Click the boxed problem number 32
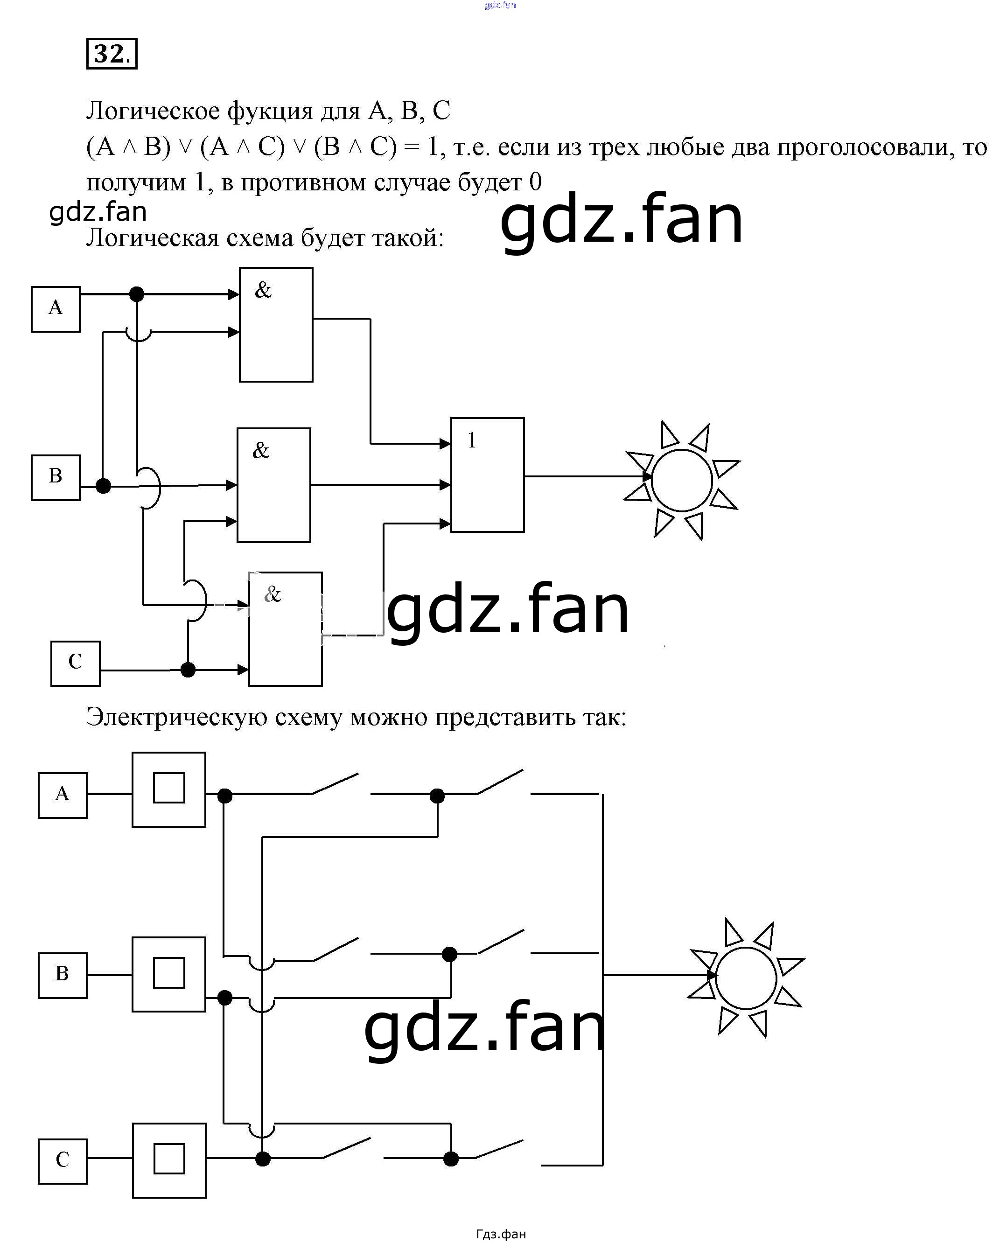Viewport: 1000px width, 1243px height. pyautogui.click(x=112, y=54)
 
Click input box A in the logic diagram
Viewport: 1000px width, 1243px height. pyautogui.click(x=56, y=309)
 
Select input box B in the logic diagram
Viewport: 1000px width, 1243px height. pyautogui.click(x=56, y=477)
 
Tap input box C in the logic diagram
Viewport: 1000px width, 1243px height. pyautogui.click(x=75, y=663)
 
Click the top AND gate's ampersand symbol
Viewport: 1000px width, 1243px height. pyautogui.click(x=263, y=290)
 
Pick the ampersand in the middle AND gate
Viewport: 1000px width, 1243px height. pyautogui.click(x=261, y=450)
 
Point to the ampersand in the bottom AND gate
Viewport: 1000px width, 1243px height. pyautogui.click(x=272, y=594)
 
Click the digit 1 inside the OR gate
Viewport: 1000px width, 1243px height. pyautogui.click(x=472, y=440)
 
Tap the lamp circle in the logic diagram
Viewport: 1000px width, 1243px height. pyautogui.click(x=682, y=480)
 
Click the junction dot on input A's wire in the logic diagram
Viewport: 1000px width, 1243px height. pyautogui.click(x=137, y=294)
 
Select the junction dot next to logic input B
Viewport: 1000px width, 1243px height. pyautogui.click(x=103, y=486)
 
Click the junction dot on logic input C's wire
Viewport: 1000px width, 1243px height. pyautogui.click(x=188, y=670)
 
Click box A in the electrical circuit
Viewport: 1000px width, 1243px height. pyautogui.click(x=62, y=795)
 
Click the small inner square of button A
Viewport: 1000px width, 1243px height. pyautogui.click(x=169, y=788)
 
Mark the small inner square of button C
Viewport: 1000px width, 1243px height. pyautogui.click(x=169, y=1159)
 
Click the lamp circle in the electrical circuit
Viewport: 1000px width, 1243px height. pyautogui.click(x=746, y=978)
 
